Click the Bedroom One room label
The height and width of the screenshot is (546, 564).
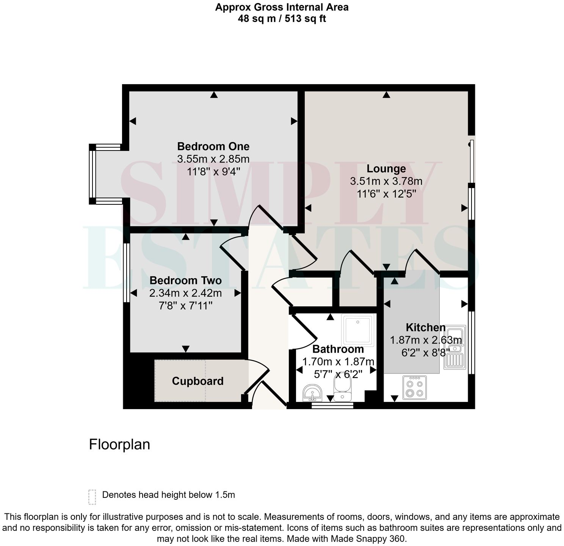(213, 146)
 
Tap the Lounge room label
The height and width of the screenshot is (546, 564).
(386, 169)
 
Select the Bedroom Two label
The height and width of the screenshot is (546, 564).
(185, 281)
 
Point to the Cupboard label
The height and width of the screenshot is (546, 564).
(197, 381)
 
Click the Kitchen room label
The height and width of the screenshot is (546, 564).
(425, 327)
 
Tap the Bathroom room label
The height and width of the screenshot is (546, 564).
(338, 349)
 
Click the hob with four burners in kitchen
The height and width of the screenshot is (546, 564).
(414, 388)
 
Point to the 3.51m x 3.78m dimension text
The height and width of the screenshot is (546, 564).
(386, 181)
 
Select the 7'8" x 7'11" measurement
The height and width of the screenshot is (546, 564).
(185, 306)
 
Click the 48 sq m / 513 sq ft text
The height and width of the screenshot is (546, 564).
(282, 18)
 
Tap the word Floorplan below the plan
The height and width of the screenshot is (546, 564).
(119, 444)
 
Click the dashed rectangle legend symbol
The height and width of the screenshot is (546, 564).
(92, 497)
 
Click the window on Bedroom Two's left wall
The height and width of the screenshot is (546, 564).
(127, 272)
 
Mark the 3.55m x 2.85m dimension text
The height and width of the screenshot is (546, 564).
(213, 159)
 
